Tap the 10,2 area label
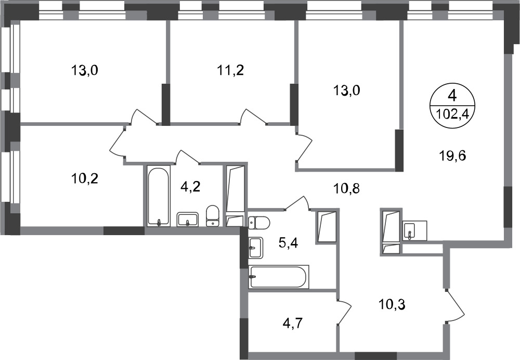pyautogui.click(x=85, y=179)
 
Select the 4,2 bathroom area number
pyautogui.click(x=191, y=187)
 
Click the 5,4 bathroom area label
pyautogui.click(x=288, y=244)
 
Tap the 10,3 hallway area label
pyautogui.click(x=392, y=304)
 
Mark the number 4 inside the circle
pyautogui.click(x=452, y=96)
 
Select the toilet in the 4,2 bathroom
pyautogui.click(x=213, y=216)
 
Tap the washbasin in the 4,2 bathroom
pyautogui.click(x=187, y=220)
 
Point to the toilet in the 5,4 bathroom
pyautogui.click(x=259, y=222)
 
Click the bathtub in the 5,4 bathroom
pyautogui.click(x=279, y=276)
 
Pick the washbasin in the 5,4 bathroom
pyautogui.click(x=255, y=248)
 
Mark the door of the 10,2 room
pyautogui.click(x=118, y=140)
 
